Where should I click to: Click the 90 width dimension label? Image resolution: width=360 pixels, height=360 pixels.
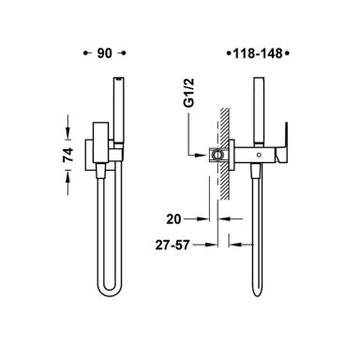(104, 53)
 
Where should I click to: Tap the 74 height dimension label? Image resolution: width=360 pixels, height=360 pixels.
(68, 155)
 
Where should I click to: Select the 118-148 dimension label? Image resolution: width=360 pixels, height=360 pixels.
(258, 53)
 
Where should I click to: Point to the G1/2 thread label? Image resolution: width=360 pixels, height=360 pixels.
(189, 93)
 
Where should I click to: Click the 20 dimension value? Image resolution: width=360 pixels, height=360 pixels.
(173, 219)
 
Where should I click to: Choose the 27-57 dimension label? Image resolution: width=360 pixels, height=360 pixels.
(172, 245)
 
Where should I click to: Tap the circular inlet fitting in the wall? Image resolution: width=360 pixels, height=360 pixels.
(217, 155)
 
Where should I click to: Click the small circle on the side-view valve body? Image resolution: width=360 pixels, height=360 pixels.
(259, 155)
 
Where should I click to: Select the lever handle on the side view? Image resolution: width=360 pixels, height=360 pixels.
(282, 142)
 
